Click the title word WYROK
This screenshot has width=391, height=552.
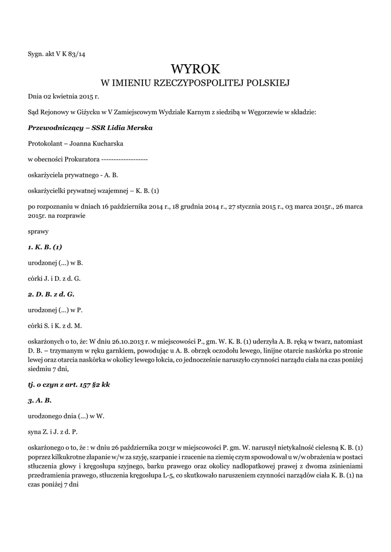pos(195,69)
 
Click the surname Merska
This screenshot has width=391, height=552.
pos(138,128)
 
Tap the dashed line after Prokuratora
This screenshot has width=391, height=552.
pos(125,159)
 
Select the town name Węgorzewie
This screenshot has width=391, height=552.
pos(275,112)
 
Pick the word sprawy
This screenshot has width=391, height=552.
pos(38,232)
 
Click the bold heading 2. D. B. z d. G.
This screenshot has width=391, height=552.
pos(51,294)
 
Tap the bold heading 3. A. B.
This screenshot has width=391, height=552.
pos(39,401)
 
